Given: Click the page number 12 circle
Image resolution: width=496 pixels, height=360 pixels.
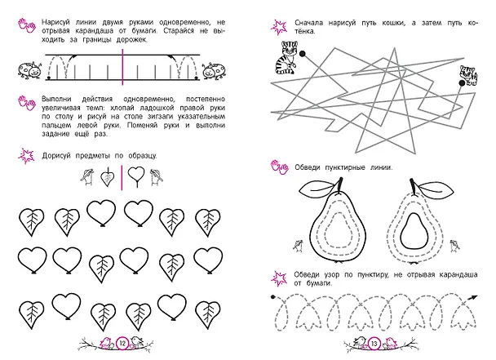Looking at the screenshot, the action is tap(122, 343).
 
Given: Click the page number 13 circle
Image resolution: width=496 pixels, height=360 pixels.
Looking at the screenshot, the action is tap(374, 343).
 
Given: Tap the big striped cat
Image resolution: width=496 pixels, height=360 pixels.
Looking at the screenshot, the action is tap(286, 58).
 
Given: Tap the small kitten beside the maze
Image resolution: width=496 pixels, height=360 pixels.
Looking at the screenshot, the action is tap(469, 75).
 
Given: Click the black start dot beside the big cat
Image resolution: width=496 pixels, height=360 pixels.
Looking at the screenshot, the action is tap(303, 54).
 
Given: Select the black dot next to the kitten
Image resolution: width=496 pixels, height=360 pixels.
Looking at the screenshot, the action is tap(462, 83).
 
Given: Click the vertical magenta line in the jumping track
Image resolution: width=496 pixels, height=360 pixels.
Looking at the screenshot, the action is tap(122, 67).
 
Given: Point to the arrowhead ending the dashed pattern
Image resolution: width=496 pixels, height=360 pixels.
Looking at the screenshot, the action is tap(473, 297).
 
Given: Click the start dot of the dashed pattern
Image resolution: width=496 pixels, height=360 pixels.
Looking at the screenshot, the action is tap(273, 297).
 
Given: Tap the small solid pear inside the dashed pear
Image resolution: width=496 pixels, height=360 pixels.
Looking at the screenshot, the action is tap(414, 231).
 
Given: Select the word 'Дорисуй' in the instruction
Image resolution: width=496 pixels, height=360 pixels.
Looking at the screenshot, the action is tap(56, 156).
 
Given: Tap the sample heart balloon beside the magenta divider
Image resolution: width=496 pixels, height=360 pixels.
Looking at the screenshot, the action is tap(136, 176).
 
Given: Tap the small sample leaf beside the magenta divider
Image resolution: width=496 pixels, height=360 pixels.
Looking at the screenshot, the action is tap(107, 178).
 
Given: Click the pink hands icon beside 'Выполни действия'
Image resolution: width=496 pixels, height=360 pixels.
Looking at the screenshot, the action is tap(27, 103).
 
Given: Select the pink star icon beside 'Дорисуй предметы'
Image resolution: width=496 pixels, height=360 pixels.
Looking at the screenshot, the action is tap(26, 156).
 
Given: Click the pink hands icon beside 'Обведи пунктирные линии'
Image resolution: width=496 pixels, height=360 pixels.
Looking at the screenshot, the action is tap(280, 167).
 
